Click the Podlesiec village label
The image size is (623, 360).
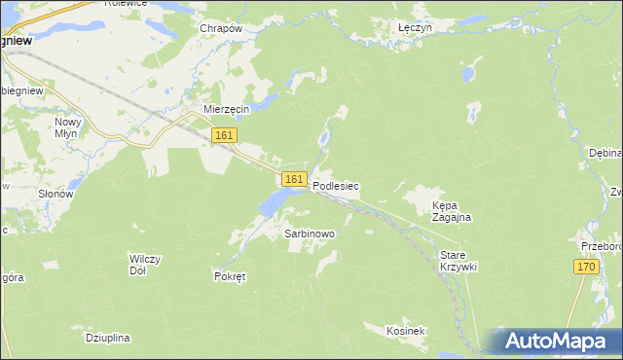pyautogui.click(x=336, y=184)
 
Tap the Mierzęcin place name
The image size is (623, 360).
pyautogui.click(x=227, y=109)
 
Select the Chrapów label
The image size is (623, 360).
pyautogui.click(x=220, y=28)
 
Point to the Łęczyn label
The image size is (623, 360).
pyautogui.click(x=416, y=28)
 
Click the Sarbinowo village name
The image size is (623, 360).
pyautogui.click(x=310, y=234)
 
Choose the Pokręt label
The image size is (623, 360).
pyautogui.click(x=230, y=276)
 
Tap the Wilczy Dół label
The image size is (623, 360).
pyautogui.click(x=144, y=265)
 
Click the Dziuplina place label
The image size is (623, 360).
pyautogui.click(x=107, y=338)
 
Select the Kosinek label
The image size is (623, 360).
pyautogui.click(x=406, y=332)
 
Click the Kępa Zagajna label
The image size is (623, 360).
pyautogui.click(x=452, y=212)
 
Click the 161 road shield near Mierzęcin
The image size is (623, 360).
pyautogui.click(x=224, y=135)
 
